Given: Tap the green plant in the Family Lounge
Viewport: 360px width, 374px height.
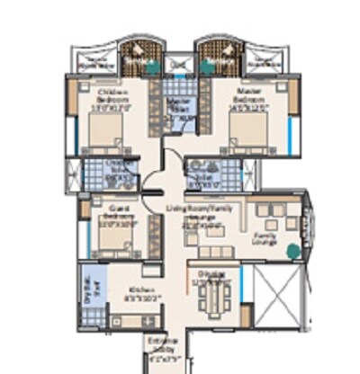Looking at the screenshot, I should click(293, 252).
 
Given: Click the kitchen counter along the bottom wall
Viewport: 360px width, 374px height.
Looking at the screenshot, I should click(135, 319).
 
